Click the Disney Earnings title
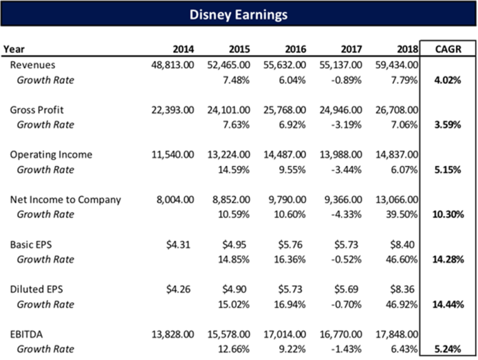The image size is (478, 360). click(x=239, y=15)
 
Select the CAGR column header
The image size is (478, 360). click(x=448, y=49)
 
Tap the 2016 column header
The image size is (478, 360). click(x=295, y=49)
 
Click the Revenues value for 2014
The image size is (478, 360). click(x=173, y=65)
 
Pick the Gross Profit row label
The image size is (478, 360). click(x=37, y=110)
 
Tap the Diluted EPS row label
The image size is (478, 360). click(x=36, y=289)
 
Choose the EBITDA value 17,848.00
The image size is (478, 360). click(x=397, y=334)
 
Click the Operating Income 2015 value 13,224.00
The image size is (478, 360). click(x=229, y=155)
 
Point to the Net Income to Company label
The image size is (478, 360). click(x=65, y=199)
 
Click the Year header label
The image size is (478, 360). click(x=14, y=49)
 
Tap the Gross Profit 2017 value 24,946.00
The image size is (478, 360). click(x=341, y=110)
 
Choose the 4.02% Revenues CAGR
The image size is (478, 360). click(x=448, y=80)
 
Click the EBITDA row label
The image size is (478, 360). click(x=27, y=334)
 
